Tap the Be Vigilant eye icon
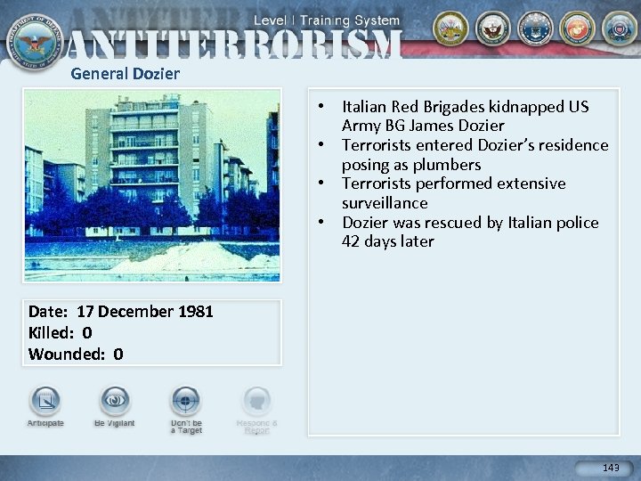(x=115, y=401)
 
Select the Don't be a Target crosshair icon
(x=186, y=401)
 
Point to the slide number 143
(x=611, y=468)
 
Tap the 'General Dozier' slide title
(x=125, y=74)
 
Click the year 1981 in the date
(x=194, y=312)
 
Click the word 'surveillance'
(x=385, y=203)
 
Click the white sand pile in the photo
(x=183, y=258)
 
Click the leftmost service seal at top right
(x=450, y=29)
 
